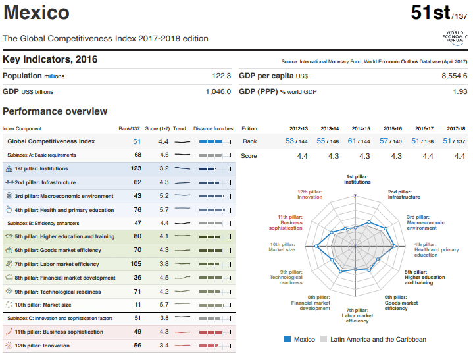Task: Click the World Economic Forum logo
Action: (x=455, y=38)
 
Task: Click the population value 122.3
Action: (x=222, y=76)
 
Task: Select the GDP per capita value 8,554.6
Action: (x=455, y=76)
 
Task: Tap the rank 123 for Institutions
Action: (x=136, y=168)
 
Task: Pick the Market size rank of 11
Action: (x=138, y=305)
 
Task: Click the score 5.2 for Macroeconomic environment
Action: (x=164, y=196)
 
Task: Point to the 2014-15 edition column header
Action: (x=361, y=128)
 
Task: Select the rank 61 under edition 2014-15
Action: (x=352, y=141)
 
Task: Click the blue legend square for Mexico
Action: (x=287, y=339)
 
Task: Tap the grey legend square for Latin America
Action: (x=324, y=339)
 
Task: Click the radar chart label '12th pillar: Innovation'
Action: (x=310, y=194)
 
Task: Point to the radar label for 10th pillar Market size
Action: (x=282, y=247)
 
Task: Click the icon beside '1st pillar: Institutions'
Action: (x=9, y=168)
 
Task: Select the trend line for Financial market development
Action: (x=182, y=277)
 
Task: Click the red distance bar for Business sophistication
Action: (x=211, y=332)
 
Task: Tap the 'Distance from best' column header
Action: (x=214, y=128)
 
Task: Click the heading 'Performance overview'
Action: (x=55, y=111)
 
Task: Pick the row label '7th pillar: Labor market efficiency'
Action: (x=57, y=264)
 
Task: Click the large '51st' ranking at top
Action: (x=430, y=13)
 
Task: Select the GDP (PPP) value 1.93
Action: (x=460, y=91)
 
